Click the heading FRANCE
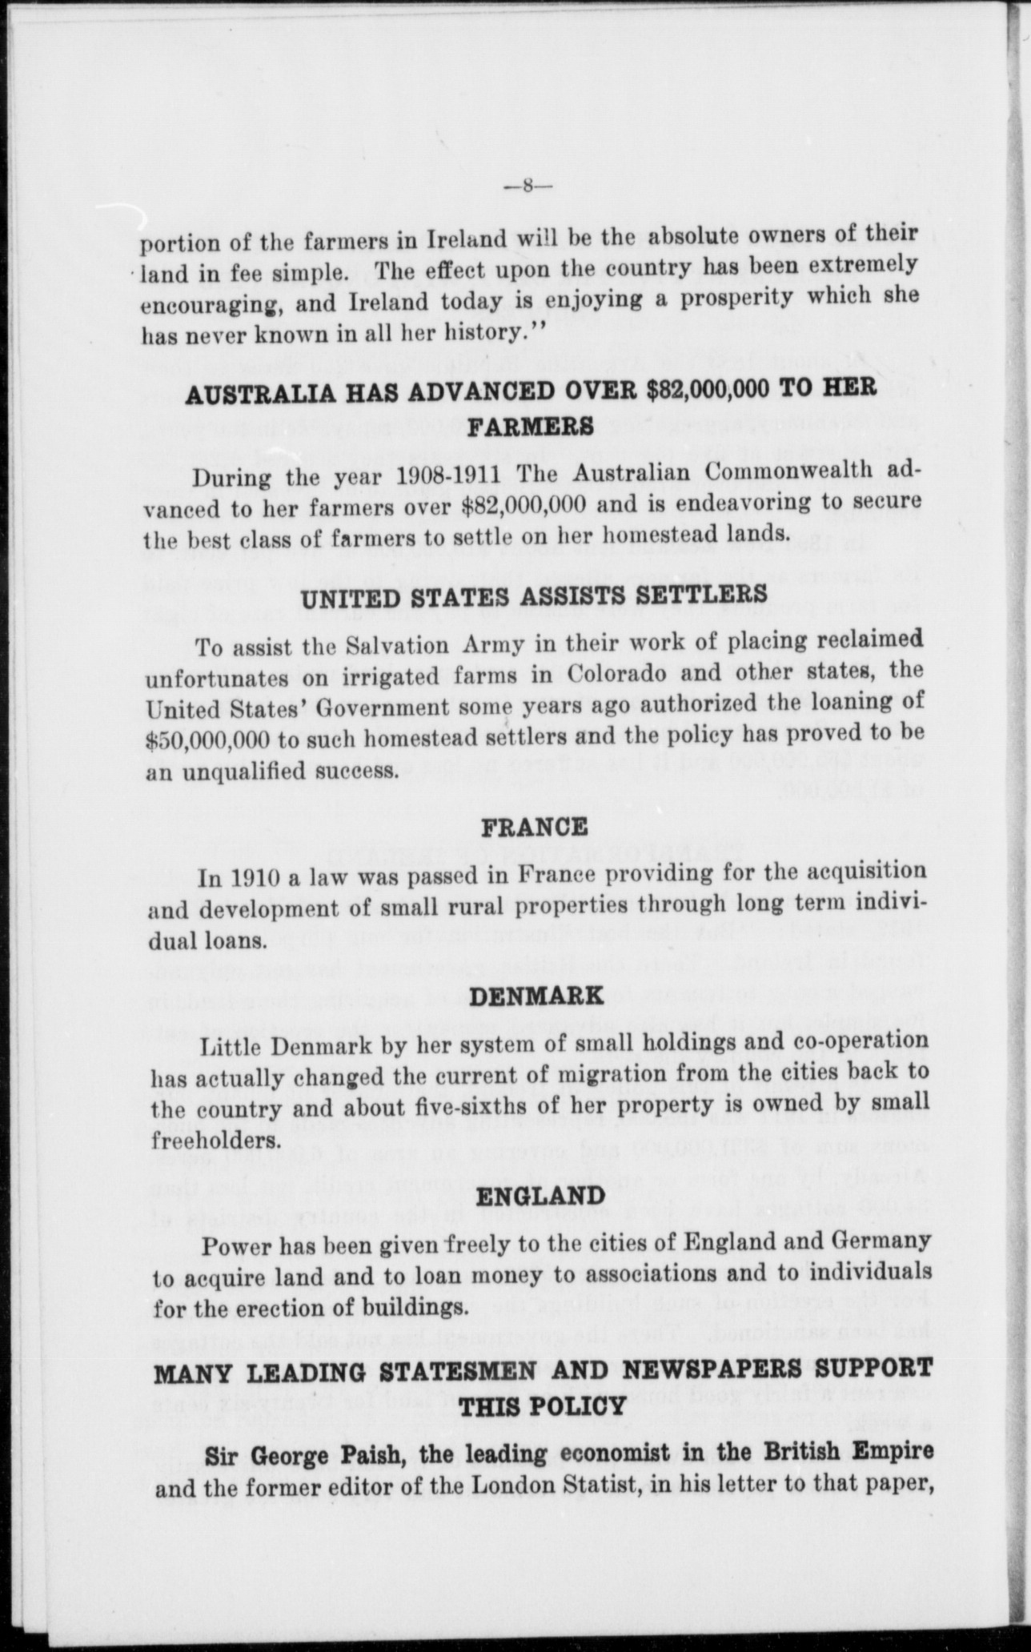pyautogui.click(x=533, y=826)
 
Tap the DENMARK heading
pyautogui.click(x=536, y=996)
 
